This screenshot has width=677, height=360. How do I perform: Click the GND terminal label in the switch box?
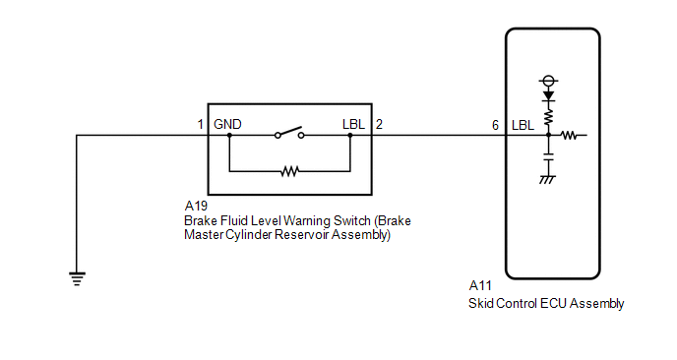(x=227, y=124)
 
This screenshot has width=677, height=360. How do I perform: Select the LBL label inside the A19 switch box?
(x=353, y=124)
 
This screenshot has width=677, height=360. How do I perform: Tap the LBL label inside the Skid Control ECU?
(x=523, y=125)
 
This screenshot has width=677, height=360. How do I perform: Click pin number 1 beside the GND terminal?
(x=200, y=124)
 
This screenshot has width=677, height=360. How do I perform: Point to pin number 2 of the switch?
(x=379, y=124)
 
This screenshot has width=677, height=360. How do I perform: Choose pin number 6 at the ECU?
(x=495, y=125)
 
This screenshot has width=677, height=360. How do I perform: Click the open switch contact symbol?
(x=289, y=133)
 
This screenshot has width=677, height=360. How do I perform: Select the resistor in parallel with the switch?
(x=289, y=171)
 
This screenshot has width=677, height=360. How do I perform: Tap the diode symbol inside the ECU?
(x=548, y=95)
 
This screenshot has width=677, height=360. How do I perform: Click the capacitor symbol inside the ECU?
(x=548, y=156)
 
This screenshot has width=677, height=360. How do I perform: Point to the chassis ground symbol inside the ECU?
(x=547, y=179)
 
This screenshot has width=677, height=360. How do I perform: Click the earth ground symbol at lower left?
(x=77, y=278)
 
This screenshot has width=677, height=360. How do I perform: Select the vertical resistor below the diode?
(x=548, y=117)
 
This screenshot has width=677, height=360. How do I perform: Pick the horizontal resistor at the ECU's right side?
(x=569, y=136)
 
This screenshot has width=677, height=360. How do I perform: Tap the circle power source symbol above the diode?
(x=548, y=81)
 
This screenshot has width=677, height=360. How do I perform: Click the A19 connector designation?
(x=196, y=206)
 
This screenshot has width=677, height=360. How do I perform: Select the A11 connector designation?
(x=480, y=286)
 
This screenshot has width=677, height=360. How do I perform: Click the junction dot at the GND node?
(x=229, y=135)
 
